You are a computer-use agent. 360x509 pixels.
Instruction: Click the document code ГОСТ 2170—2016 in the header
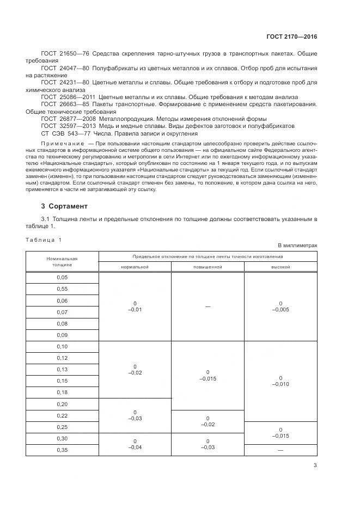tap(291, 36)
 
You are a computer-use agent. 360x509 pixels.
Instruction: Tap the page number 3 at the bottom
tap(315, 465)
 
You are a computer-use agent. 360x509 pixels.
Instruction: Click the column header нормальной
tap(135, 267)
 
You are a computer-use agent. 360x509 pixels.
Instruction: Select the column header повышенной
tap(208, 267)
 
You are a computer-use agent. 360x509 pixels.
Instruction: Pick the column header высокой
tap(280, 267)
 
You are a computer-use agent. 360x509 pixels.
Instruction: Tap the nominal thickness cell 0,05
tap(62, 277)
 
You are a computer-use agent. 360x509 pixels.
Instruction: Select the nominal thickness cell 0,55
tap(62, 289)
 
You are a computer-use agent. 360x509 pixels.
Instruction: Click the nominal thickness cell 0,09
tap(62, 335)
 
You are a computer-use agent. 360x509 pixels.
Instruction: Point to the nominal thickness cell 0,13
tap(62, 369)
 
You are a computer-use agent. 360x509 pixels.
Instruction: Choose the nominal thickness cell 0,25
tap(62, 427)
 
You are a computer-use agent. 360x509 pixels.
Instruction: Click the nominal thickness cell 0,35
tap(62, 450)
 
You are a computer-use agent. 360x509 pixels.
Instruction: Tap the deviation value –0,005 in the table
tap(280, 309)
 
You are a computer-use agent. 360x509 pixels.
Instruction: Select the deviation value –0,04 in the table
tap(135, 446)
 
